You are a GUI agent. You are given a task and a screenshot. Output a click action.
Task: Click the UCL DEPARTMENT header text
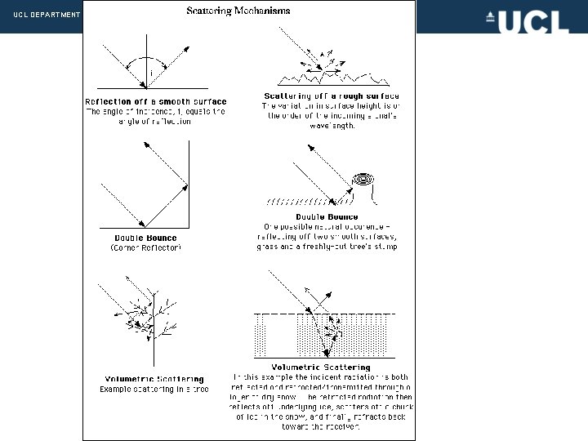coord(46,16)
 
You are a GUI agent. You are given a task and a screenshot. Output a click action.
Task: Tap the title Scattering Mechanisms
coord(238,11)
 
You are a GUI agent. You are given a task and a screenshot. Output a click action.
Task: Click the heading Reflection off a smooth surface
coord(155,101)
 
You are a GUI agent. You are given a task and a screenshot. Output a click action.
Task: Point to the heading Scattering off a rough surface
coord(331,96)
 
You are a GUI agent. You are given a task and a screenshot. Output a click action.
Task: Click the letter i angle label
coord(149,73)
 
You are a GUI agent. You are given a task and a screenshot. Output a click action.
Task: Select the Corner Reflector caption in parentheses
coord(145,247)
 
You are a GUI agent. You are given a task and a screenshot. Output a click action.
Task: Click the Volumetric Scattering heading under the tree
coord(152,379)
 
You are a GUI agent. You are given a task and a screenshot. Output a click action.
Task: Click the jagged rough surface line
coord(331,80)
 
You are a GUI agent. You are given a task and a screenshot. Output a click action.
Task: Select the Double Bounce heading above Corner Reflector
coord(145,238)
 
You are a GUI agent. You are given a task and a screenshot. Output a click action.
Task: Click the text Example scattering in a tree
coord(154,390)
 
